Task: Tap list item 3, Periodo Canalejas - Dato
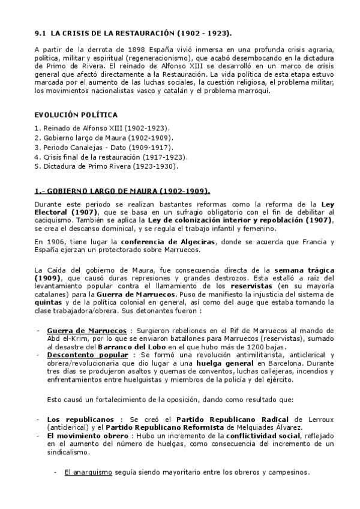click(x=96, y=147)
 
